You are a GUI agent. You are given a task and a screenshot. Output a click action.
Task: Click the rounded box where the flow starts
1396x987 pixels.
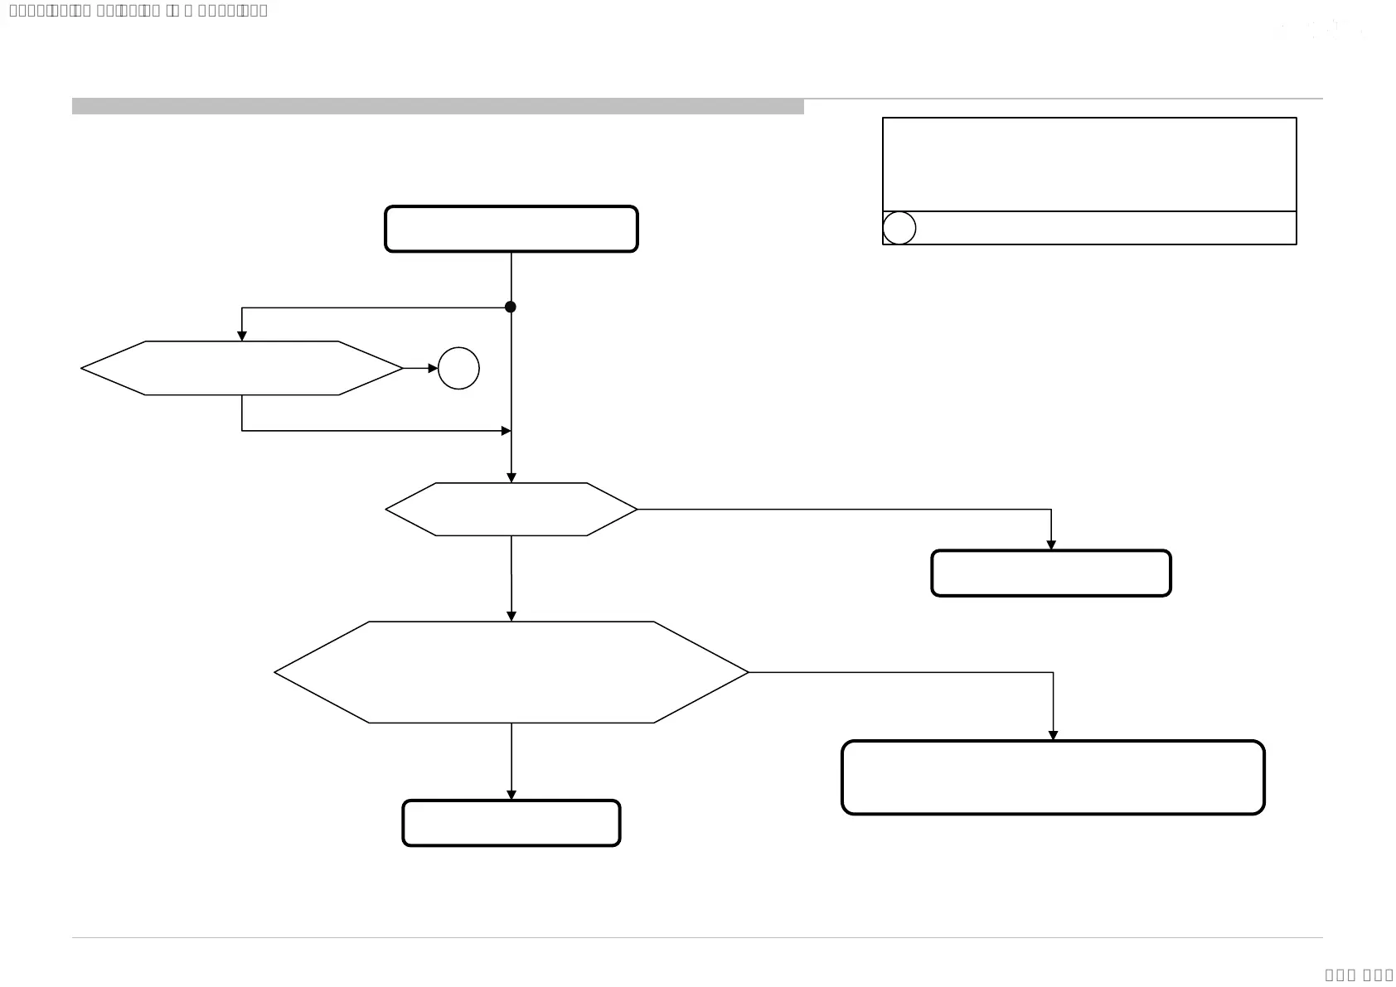(511, 229)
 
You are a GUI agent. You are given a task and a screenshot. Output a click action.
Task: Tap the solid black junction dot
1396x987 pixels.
(511, 307)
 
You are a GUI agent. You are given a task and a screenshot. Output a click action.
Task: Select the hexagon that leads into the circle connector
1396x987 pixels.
(241, 368)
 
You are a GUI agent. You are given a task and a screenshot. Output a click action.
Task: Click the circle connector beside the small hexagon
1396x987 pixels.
(458, 369)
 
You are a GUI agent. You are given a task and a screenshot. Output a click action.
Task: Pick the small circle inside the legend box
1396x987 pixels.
(899, 228)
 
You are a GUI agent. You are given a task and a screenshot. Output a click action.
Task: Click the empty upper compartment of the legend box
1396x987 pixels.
(1089, 164)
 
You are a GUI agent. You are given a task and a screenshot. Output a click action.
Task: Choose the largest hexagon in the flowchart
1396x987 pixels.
(511, 672)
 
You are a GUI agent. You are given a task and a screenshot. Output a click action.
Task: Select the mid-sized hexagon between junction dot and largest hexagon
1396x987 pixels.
(511, 510)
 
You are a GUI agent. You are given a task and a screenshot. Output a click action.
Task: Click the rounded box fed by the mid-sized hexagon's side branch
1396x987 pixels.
(1051, 573)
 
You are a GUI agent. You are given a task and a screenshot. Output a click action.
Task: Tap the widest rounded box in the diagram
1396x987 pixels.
(1053, 777)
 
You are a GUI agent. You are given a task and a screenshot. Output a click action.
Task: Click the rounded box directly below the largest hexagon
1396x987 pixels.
(511, 823)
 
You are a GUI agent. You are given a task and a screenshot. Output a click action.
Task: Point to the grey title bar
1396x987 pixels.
(438, 107)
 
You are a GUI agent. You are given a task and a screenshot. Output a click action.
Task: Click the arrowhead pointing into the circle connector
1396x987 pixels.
(433, 369)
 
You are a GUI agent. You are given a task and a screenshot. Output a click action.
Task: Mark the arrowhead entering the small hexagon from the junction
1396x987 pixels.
(242, 336)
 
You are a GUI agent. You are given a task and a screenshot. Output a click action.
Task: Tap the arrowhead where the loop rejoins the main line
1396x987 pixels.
(506, 431)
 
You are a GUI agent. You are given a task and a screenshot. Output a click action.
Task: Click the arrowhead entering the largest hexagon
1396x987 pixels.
(511, 616)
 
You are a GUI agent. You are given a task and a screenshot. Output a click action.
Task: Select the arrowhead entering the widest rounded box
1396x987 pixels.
(1053, 735)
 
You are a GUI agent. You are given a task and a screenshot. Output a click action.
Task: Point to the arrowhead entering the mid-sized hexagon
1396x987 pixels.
(511, 477)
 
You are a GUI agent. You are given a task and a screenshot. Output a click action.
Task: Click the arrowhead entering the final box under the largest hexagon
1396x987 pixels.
(511, 795)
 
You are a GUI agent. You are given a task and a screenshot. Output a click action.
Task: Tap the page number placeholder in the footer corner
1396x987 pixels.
(1359, 975)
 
